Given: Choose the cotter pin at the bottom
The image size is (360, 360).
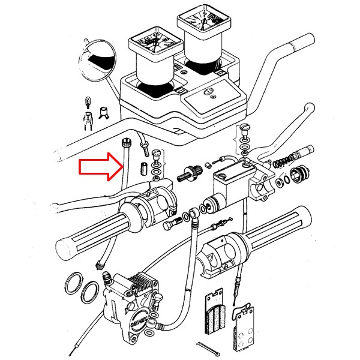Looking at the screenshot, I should tap(206, 347).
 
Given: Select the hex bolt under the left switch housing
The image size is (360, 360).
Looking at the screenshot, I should tap(172, 224).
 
